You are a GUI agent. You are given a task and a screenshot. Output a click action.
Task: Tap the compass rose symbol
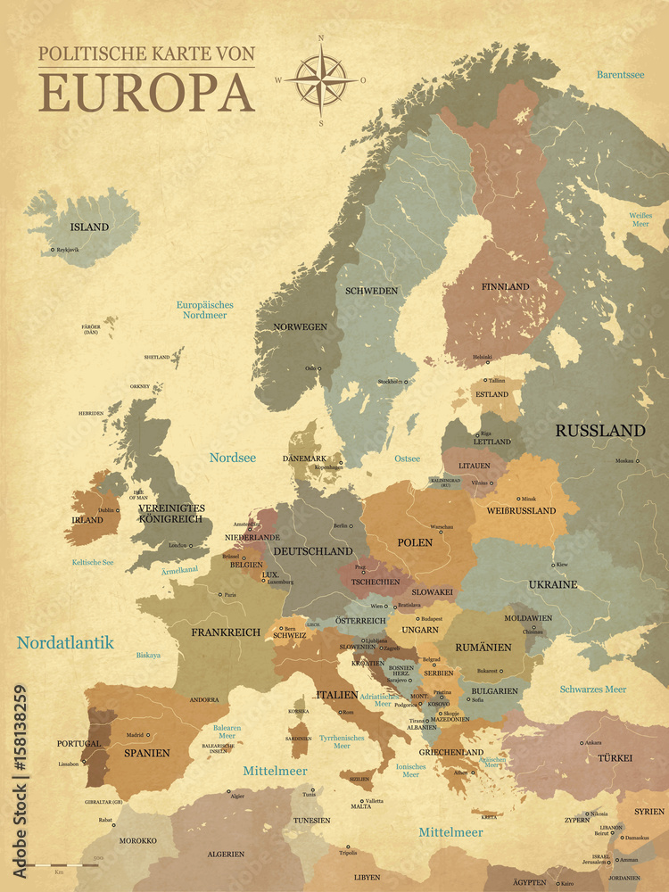[x=320, y=79]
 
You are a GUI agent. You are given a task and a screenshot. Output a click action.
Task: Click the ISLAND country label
[x=89, y=227]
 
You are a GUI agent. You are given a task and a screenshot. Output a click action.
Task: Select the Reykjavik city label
[x=68, y=250]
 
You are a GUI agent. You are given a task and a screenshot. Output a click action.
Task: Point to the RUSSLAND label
[x=599, y=430]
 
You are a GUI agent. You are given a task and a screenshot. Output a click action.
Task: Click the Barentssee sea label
[x=621, y=75]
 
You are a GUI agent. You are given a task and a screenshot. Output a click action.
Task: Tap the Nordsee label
[x=232, y=458]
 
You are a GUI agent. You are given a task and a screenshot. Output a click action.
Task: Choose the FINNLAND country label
[x=505, y=286]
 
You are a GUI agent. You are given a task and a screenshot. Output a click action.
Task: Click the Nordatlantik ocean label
[x=65, y=642]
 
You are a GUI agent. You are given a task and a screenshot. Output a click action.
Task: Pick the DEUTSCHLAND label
[x=312, y=551]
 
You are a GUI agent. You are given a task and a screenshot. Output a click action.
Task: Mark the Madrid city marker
[x=148, y=735]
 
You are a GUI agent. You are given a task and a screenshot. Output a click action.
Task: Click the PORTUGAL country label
[x=78, y=743]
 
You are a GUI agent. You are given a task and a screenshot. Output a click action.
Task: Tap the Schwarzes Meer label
[x=592, y=690]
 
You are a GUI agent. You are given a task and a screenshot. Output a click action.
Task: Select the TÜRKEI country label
[x=615, y=757]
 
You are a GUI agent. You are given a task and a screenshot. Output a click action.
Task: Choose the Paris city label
[x=230, y=595]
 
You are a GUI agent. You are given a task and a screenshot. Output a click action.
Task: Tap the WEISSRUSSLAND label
[x=521, y=511]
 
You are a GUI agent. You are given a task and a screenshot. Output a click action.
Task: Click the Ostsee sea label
[x=407, y=458]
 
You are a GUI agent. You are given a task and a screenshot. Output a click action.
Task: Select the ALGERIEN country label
[x=226, y=854]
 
